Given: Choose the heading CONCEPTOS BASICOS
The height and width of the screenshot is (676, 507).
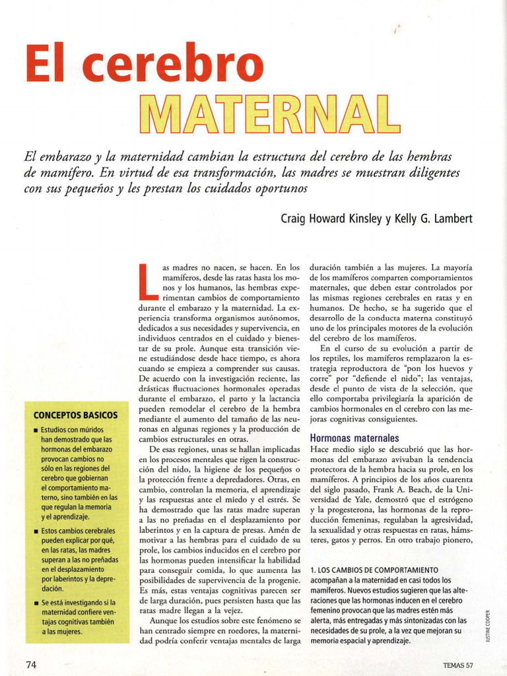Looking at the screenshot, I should [x=75, y=415].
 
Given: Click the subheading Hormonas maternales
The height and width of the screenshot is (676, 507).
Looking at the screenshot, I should [x=355, y=438].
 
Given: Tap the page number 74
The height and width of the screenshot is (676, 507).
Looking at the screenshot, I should [x=32, y=664].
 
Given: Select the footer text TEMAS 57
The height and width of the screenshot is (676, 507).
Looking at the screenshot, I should [x=459, y=665].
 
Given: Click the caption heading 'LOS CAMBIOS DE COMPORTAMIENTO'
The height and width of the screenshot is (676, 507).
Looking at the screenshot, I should [x=378, y=570].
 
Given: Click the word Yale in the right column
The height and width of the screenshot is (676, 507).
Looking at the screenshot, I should [x=355, y=499].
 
